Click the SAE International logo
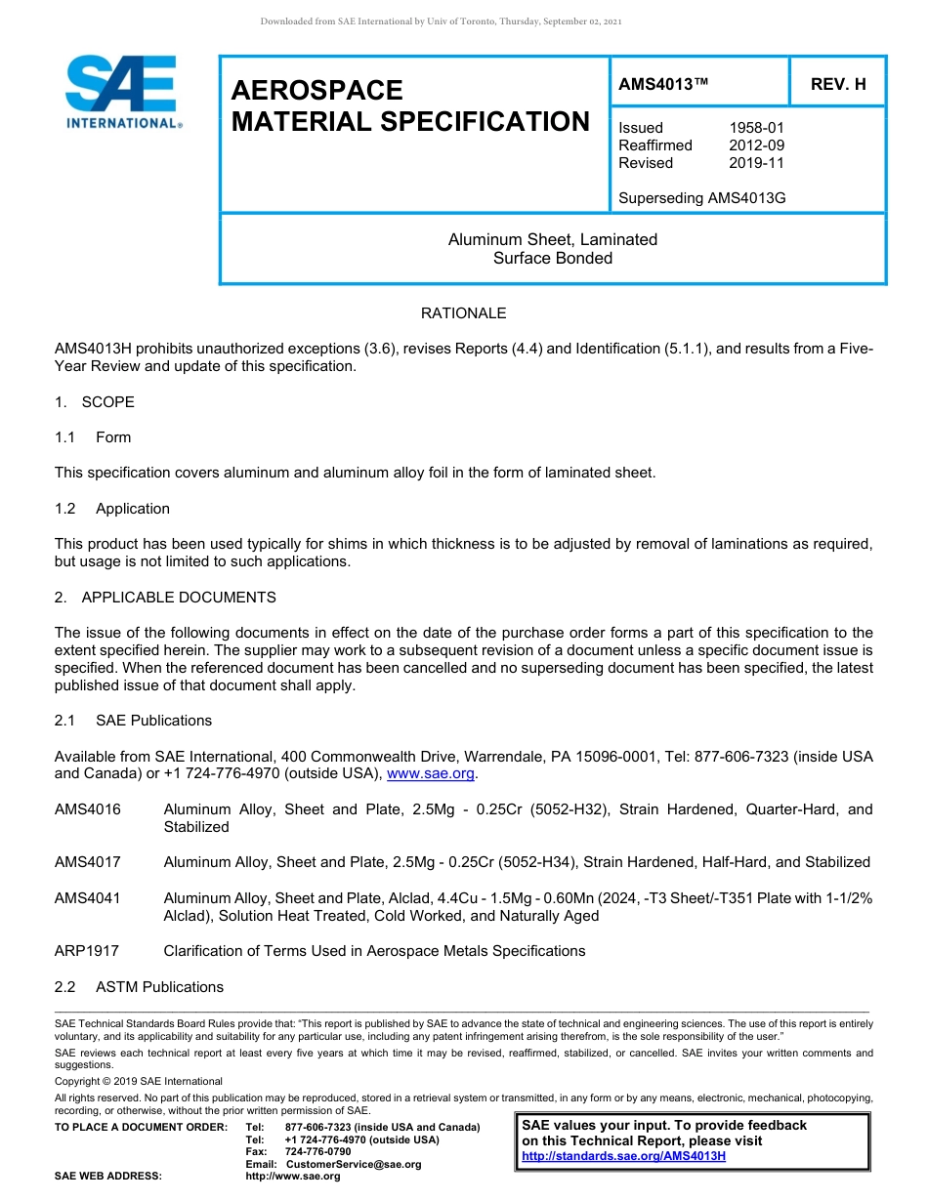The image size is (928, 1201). (121, 92)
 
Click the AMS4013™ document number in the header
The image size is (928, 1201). (663, 84)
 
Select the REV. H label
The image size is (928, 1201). (838, 84)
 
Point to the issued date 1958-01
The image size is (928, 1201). (756, 128)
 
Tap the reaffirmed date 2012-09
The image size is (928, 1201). (756, 145)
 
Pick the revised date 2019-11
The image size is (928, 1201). (756, 163)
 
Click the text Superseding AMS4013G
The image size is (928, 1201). (702, 198)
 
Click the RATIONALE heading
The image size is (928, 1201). (463, 313)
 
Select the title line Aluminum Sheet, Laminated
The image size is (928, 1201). (552, 239)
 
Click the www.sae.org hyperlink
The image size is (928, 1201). (431, 774)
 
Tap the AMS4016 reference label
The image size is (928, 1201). (88, 809)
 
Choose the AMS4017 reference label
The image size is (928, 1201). (88, 862)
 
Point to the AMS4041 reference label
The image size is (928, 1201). (88, 898)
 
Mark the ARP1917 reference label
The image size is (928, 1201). (88, 951)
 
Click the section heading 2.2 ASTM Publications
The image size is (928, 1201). (139, 987)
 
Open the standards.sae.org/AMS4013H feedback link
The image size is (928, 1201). (623, 1157)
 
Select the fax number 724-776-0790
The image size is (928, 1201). (317, 1152)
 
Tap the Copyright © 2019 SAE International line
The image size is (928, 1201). (139, 1081)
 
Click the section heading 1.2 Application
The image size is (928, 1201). (112, 509)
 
